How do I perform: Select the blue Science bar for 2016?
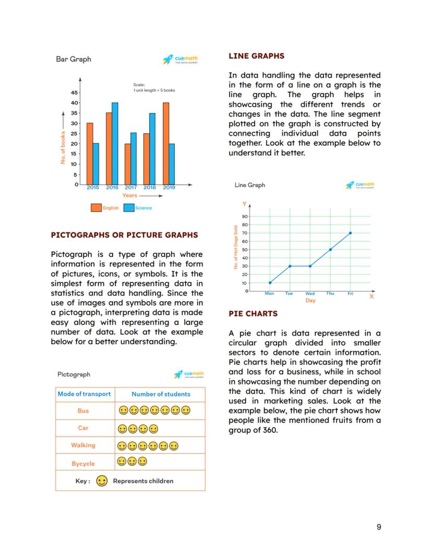pos(115,143)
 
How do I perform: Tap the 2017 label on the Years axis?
pos(131,188)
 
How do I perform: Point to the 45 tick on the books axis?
pos(75,93)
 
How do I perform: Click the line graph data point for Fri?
pos(350,233)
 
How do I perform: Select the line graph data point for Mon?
pos(270,283)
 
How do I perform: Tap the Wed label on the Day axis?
pos(310,294)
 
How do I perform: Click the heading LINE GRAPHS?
pos(257,56)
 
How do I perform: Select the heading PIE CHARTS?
pos(253,314)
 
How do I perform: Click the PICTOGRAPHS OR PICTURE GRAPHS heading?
pos(124,235)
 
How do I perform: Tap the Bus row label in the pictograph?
pos(83,411)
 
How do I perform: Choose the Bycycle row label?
pos(83,463)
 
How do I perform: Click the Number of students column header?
pos(161,394)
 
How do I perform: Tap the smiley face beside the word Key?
pos(102,481)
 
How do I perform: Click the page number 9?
pos(379,527)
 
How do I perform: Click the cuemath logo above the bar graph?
pos(181,60)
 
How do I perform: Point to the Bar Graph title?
pos(74,59)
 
